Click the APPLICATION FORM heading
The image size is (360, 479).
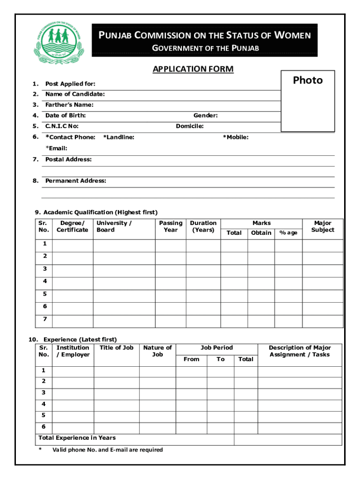tap(193, 70)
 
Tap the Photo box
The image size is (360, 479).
tap(308, 101)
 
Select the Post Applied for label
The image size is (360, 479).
tap(70, 84)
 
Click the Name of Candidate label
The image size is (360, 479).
tap(75, 94)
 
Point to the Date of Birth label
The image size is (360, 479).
tap(65, 116)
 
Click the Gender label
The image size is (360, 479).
tap(206, 116)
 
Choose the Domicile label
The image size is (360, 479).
tap(190, 126)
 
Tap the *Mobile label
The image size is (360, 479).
tap(236, 137)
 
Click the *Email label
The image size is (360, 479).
tap(56, 148)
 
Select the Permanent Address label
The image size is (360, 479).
tap(75, 181)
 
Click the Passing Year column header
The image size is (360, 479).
tap(171, 226)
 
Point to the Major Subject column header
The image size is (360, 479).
tap(323, 226)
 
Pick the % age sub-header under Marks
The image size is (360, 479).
tap(288, 233)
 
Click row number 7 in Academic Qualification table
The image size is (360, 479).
tap(45, 319)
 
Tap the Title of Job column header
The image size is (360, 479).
tap(116, 348)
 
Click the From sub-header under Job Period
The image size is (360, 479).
tap(192, 359)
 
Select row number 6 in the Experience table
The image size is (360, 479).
tap(44, 427)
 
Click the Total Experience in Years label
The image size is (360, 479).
tap(77, 438)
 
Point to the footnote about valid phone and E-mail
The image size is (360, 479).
tap(108, 450)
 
